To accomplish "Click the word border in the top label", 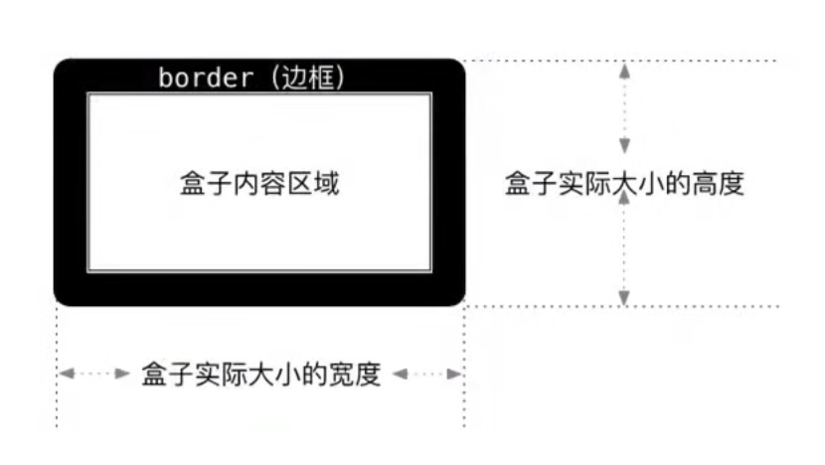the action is [x=206, y=78].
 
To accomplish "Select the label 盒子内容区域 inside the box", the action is [x=259, y=183].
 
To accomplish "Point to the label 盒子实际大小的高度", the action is [x=624, y=184].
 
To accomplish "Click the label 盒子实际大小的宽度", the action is [x=261, y=375].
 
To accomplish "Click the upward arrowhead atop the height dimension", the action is [x=624, y=70].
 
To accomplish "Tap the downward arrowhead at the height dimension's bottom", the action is [x=624, y=297].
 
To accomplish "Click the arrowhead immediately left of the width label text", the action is [x=123, y=375].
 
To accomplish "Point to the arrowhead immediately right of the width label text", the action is [x=400, y=375].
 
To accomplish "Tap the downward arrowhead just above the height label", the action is [x=624, y=145].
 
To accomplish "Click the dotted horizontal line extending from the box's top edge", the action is [x=696, y=61].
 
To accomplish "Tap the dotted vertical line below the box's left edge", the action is [x=57, y=407].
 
